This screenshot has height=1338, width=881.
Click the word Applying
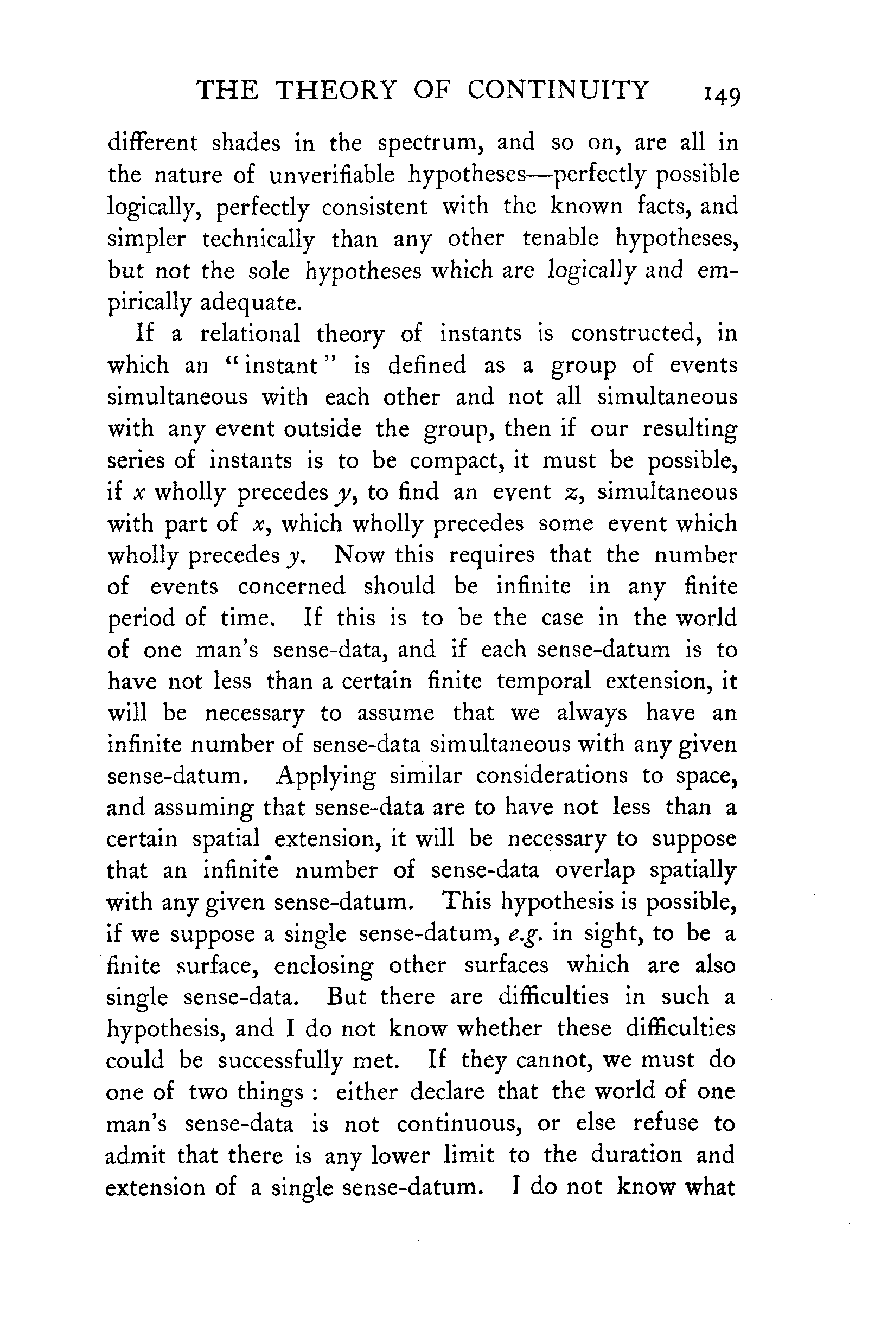coord(326,776)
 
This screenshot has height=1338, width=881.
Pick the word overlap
coord(594,870)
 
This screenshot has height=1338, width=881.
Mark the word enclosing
coord(323,966)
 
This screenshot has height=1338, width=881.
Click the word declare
coord(447,1091)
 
